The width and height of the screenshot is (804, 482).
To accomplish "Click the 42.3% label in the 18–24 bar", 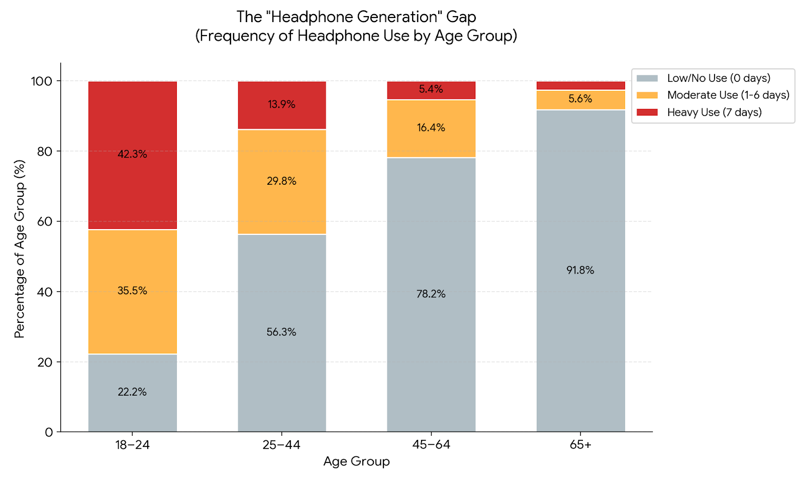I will [132, 154].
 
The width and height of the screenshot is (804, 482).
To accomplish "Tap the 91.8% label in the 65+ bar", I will [580, 270].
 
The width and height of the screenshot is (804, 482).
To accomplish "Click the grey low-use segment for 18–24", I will [132, 407].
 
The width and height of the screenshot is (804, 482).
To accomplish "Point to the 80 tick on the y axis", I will [45, 151].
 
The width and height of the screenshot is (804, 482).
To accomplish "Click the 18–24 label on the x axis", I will [132, 445].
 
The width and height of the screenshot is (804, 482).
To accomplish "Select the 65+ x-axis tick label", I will [580, 445].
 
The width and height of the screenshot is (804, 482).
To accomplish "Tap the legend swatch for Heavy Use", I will [647, 112].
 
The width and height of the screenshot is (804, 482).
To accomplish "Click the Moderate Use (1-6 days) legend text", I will [728, 95].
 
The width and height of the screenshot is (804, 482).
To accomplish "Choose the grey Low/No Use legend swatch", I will [647, 78].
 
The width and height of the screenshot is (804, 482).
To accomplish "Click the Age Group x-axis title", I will [356, 461].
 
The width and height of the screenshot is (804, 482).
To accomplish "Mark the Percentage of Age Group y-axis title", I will [20, 249].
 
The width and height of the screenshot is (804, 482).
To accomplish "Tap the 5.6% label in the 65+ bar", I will [580, 99].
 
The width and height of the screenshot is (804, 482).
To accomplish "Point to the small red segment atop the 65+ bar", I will [580, 85].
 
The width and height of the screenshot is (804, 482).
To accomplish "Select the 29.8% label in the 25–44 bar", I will [281, 181].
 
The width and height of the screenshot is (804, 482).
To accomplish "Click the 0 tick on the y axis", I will [49, 432].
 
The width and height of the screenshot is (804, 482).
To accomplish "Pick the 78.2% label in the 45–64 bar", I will [431, 294].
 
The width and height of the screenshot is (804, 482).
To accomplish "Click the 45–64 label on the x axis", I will [431, 445].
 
